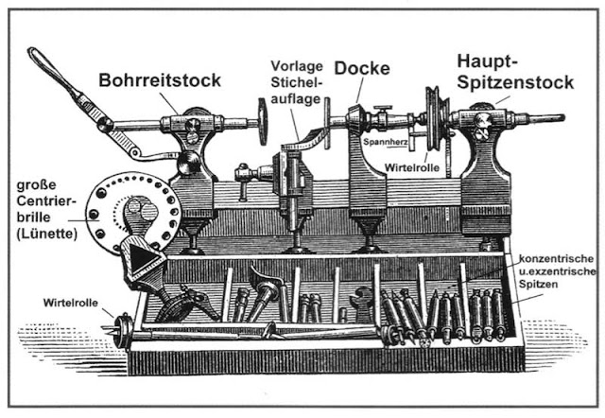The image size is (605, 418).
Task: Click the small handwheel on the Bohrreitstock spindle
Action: coord(262,122)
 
